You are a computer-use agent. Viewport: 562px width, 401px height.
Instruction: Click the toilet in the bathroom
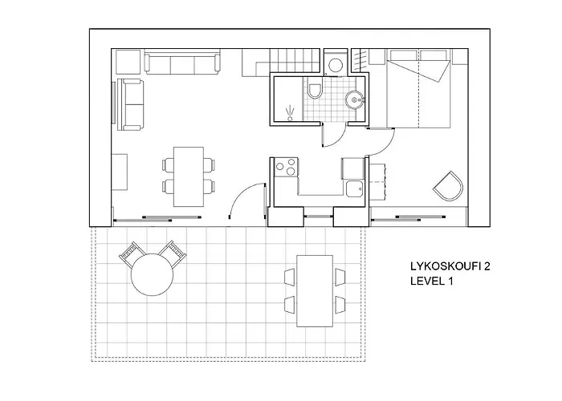click(315, 91)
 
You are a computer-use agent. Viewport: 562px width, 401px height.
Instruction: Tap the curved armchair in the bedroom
click(449, 185)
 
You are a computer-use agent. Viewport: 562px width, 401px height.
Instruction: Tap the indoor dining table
click(189, 175)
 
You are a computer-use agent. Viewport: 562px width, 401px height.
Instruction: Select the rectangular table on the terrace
click(314, 290)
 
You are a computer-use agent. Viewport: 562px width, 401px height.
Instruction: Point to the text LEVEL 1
click(432, 283)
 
